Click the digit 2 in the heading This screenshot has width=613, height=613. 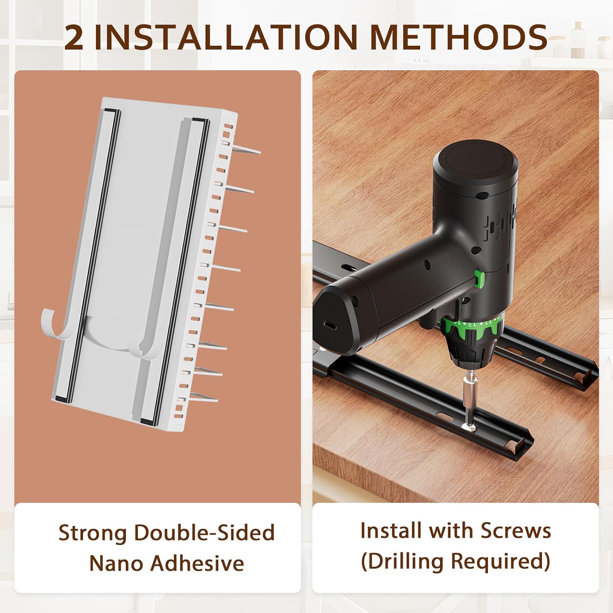[74, 37]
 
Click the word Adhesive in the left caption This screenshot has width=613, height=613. [197, 563]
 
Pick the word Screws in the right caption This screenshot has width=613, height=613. [515, 530]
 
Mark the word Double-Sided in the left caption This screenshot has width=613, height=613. [204, 533]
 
